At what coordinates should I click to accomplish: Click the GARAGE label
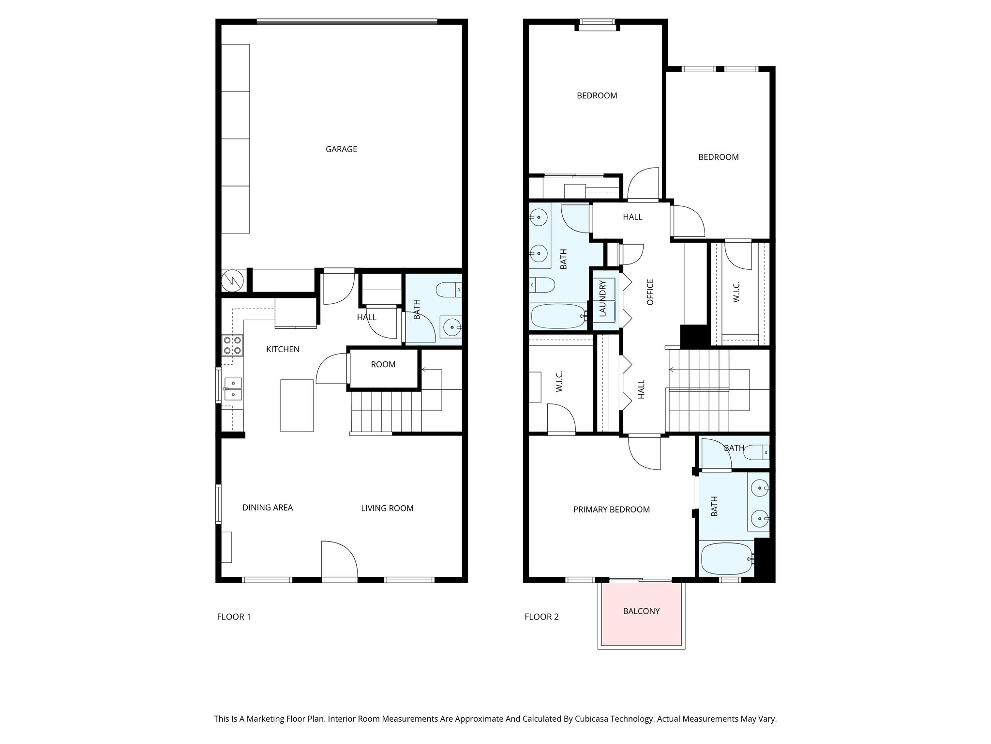[341, 149]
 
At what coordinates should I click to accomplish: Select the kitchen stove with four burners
[232, 345]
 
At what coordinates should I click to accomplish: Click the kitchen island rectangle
[297, 405]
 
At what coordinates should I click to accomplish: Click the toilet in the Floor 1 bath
[448, 290]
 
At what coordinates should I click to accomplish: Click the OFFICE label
[650, 292]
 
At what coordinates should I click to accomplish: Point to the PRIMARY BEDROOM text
[611, 510]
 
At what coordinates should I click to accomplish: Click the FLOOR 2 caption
[541, 617]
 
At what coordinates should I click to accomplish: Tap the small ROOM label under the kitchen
[383, 365]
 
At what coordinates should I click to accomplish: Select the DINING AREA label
[268, 508]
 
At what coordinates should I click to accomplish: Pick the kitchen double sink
[233, 389]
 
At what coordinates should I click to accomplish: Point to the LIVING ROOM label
[387, 508]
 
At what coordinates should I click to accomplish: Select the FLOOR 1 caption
[234, 617]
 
